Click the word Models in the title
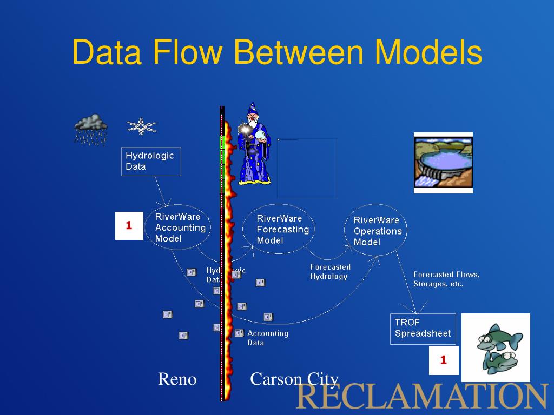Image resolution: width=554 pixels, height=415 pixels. [428, 52]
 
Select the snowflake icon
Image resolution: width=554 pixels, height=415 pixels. [141, 126]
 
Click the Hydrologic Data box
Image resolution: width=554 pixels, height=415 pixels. [150, 161]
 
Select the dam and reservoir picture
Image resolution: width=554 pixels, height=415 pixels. [443, 162]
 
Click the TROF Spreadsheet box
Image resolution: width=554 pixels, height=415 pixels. [423, 328]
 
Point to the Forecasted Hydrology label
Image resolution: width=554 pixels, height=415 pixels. [330, 271]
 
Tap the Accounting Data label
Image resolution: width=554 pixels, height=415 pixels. [267, 338]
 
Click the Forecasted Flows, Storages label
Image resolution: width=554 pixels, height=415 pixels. [446, 279]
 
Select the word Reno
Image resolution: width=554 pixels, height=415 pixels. [177, 379]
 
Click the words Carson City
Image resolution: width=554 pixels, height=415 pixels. [294, 379]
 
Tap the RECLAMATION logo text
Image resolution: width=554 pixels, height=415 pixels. [421, 396]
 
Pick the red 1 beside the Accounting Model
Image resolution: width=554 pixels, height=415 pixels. [129, 226]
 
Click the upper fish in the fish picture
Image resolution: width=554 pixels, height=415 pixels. [499, 338]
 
